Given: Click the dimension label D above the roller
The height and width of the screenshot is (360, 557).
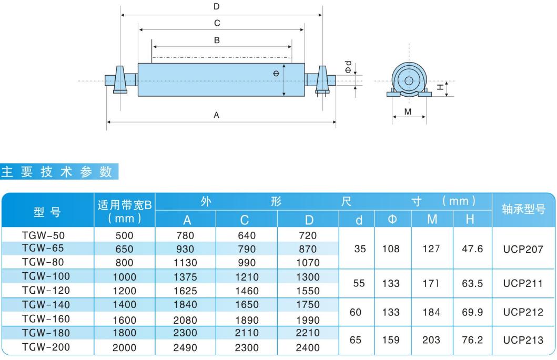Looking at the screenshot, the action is (216, 6).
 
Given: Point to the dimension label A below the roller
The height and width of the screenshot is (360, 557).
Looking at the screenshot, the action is (216, 115).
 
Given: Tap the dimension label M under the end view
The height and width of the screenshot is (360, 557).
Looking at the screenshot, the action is (408, 111).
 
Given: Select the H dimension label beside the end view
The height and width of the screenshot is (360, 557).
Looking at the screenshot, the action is (440, 87).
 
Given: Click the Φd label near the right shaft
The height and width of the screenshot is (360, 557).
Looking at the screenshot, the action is (349, 67).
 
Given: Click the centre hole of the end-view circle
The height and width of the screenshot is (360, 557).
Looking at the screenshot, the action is (409, 80).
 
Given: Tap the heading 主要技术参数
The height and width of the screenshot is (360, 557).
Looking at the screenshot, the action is (57, 171).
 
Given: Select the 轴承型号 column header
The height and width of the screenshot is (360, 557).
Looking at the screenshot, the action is (523, 209).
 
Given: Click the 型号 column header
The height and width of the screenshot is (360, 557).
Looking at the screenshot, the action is (47, 212).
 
